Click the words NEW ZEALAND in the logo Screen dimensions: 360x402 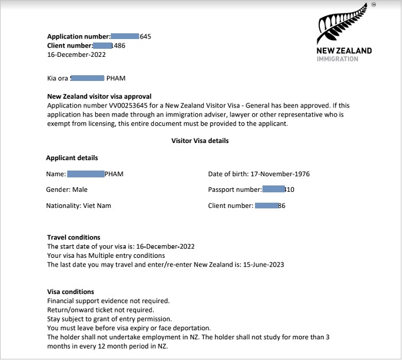coord(344,51)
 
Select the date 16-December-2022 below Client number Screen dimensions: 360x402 coord(76,55)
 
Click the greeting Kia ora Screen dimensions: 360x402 coord(57,78)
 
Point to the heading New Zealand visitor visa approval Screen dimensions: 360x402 coord(98,96)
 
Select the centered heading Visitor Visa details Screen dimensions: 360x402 coord(200,140)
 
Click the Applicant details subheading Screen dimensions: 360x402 coord(72,158)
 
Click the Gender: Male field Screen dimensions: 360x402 coord(67,189)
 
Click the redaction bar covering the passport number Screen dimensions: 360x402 coord(273,189)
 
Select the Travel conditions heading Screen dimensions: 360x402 coord(73,237)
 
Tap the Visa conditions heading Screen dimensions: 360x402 coord(70,292)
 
